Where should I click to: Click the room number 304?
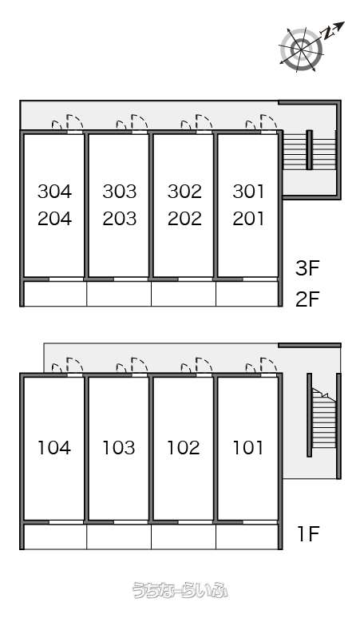[x=55, y=191]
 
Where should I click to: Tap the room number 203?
[x=120, y=218]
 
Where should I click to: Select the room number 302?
[x=184, y=191]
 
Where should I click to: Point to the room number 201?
[x=248, y=218]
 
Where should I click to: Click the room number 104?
[x=54, y=447]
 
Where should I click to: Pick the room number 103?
[x=119, y=447]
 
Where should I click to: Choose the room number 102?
[x=184, y=447]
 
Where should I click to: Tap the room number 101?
[x=248, y=447]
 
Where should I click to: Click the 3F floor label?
[x=307, y=268]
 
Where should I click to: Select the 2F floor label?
[x=307, y=299]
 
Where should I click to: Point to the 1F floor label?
[x=308, y=534]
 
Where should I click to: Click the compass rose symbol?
[x=301, y=50]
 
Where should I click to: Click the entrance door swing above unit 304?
[x=68, y=123]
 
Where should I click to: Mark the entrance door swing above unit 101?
[x=262, y=365]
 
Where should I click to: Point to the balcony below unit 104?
[x=55, y=537]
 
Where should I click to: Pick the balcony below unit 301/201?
[x=247, y=294]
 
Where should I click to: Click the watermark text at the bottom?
[x=180, y=590]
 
